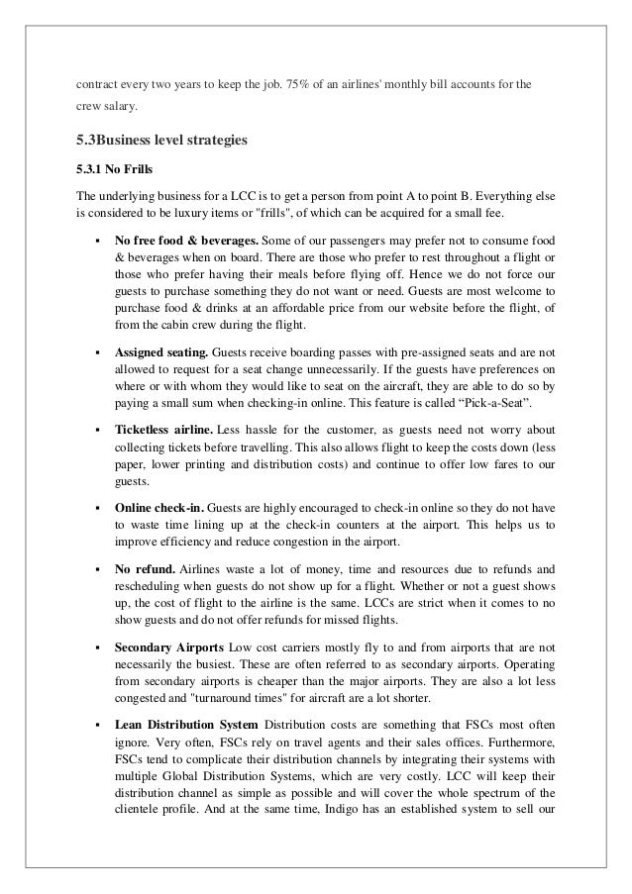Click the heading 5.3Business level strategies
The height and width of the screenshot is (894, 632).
[x=155, y=141]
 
